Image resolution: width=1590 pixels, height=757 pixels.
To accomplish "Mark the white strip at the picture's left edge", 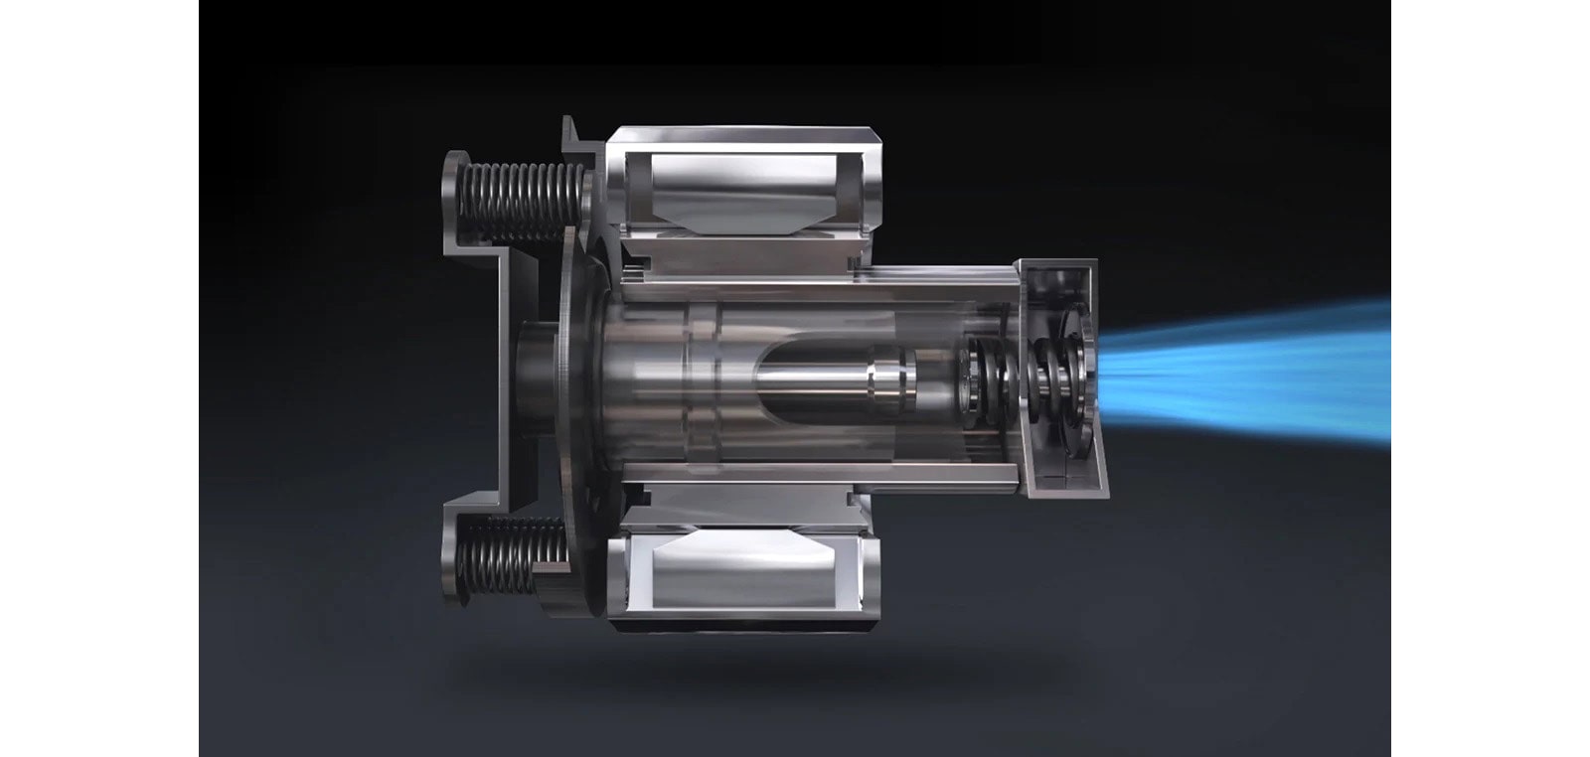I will [x=99, y=378].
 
